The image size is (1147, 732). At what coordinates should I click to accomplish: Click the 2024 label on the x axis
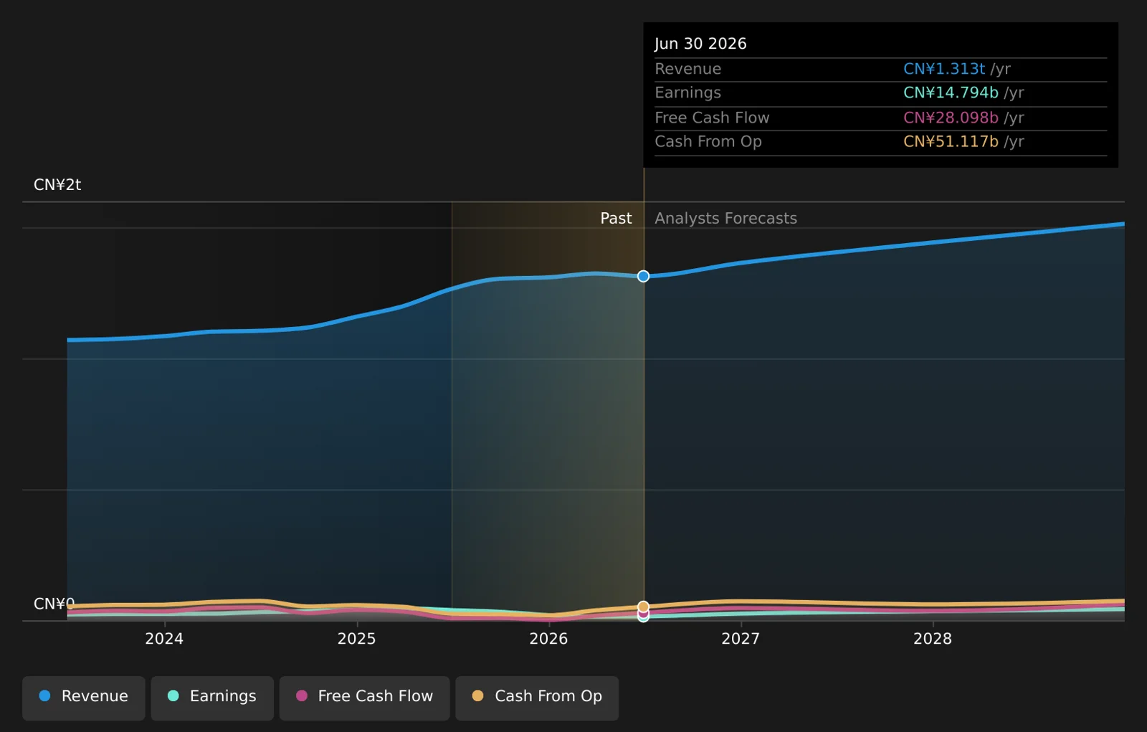pos(164,639)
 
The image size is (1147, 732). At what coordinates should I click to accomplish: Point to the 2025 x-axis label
pos(357,639)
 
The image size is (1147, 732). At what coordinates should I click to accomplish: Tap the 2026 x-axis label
pos(549,639)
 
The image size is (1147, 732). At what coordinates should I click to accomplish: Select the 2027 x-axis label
pos(741,639)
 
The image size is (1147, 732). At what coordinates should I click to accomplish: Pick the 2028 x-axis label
pos(933,639)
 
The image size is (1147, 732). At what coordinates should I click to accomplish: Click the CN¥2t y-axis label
pos(57,185)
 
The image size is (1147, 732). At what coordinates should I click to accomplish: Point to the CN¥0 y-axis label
pos(54,604)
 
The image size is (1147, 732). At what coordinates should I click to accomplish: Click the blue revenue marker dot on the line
pos(644,276)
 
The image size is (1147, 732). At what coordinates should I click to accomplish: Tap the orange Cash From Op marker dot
pos(644,607)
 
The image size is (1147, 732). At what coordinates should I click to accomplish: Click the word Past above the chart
pos(616,218)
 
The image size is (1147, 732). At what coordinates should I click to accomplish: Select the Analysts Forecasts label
pos(725,218)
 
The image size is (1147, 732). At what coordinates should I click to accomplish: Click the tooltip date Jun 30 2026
pos(700,44)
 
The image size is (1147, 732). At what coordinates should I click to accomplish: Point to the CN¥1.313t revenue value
pos(943,69)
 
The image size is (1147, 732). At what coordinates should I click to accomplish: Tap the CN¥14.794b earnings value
pos(951,92)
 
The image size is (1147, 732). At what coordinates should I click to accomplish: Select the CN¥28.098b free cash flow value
pos(951,118)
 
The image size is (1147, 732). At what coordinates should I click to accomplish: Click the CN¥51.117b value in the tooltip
pos(951,141)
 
